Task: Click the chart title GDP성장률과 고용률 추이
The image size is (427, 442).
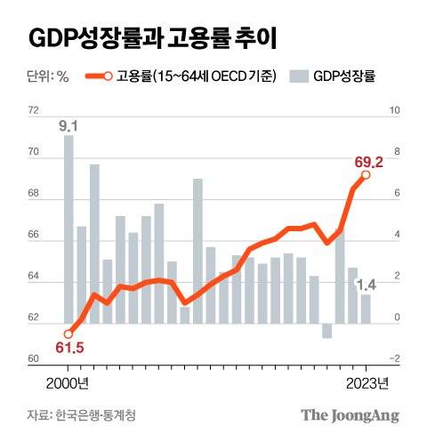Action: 153,38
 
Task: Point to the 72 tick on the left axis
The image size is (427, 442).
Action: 34,111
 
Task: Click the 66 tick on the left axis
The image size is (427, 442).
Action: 34,235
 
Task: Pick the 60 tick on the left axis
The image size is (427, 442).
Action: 34,358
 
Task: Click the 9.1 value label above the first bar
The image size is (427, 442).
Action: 68,125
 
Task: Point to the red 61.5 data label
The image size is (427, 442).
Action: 68,347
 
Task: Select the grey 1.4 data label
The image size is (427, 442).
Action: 367,285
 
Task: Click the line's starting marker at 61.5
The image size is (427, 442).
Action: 68,333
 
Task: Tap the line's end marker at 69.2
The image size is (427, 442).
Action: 366,175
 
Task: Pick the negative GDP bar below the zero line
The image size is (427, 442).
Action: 326,330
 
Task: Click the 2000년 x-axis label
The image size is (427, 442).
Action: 68,383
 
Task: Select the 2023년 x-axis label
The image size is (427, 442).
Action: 366,383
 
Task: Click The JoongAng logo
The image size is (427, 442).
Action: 350,415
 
